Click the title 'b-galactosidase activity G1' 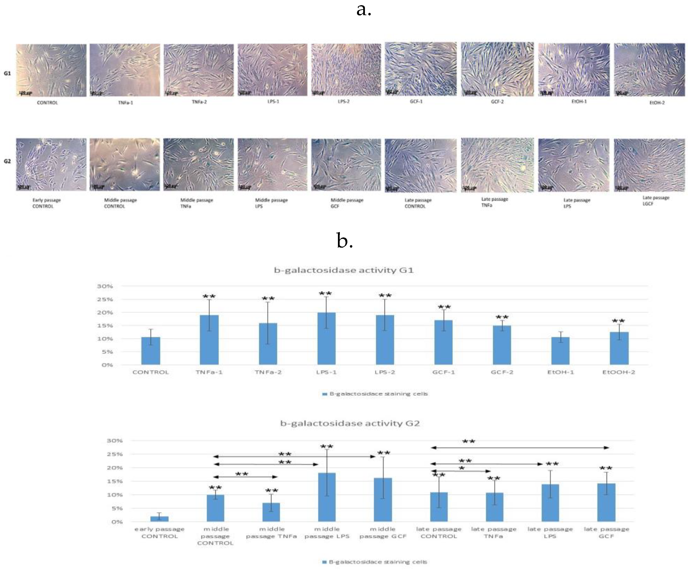coord(344,270)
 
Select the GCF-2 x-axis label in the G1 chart coord(502,372)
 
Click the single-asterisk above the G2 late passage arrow coord(462,468)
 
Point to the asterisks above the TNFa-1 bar coord(209,297)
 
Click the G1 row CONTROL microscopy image coord(51,70)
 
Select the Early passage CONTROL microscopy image coord(51,164)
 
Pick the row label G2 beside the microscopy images coord(7,161)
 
